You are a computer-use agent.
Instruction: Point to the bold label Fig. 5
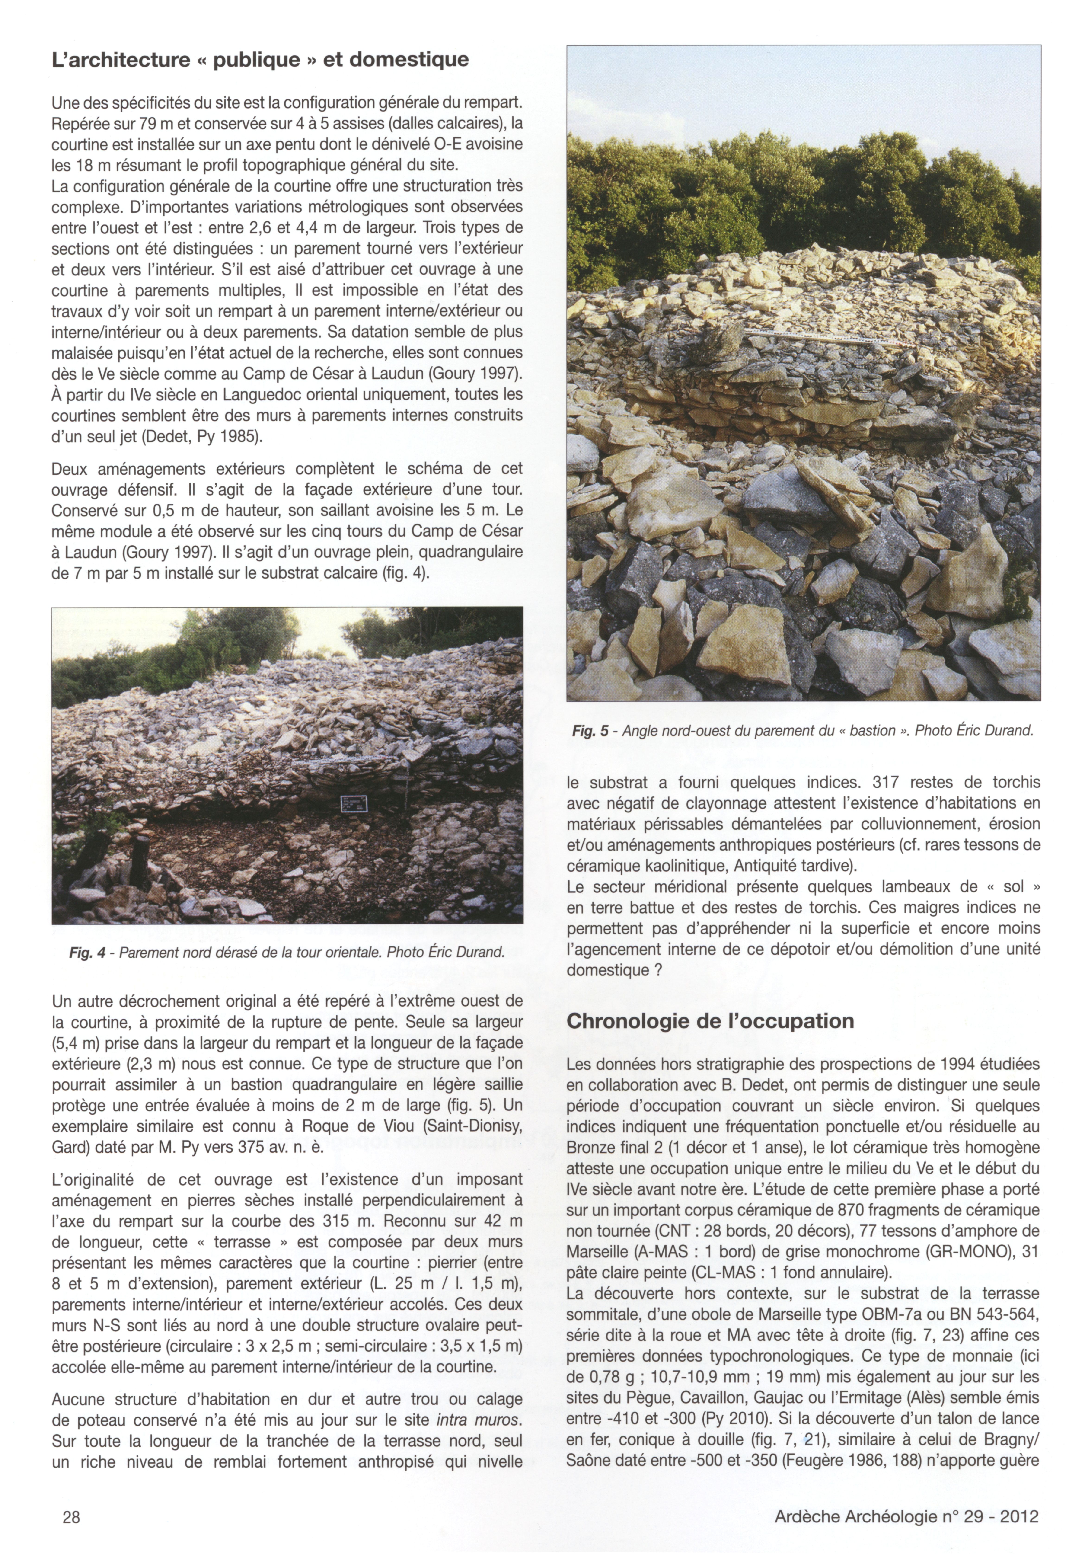pyautogui.click(x=590, y=731)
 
